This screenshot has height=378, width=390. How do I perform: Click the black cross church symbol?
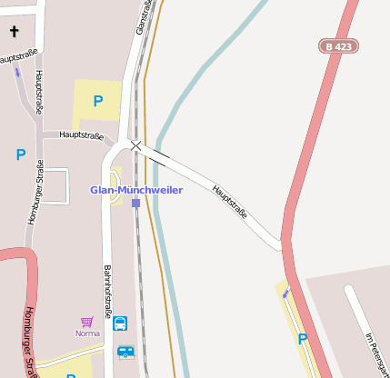(x=14, y=32)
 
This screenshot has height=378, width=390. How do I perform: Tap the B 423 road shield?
(x=338, y=45)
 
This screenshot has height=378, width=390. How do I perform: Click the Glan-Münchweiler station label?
(x=135, y=190)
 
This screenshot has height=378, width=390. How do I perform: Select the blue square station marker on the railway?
(x=135, y=203)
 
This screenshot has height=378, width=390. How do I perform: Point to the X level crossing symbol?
(x=135, y=145)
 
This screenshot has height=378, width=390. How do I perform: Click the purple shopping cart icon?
(x=87, y=322)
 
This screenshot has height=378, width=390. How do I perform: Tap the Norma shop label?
(x=87, y=333)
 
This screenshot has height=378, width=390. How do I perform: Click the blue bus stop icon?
(x=120, y=323)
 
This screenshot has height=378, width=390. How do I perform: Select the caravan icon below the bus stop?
(x=125, y=352)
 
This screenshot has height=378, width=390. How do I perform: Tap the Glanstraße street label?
(x=142, y=16)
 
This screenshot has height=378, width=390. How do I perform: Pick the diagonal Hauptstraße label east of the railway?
(x=230, y=203)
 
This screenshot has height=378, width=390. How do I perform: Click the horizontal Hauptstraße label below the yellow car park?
(x=81, y=135)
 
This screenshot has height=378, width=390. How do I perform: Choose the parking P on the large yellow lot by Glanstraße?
(x=98, y=101)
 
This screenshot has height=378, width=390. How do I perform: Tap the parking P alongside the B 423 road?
(x=303, y=339)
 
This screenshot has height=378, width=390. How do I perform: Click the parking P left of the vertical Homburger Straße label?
(x=20, y=154)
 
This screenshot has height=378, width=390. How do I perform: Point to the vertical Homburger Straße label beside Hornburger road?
(x=35, y=192)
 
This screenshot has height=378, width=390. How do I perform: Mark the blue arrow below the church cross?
(x=17, y=72)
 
